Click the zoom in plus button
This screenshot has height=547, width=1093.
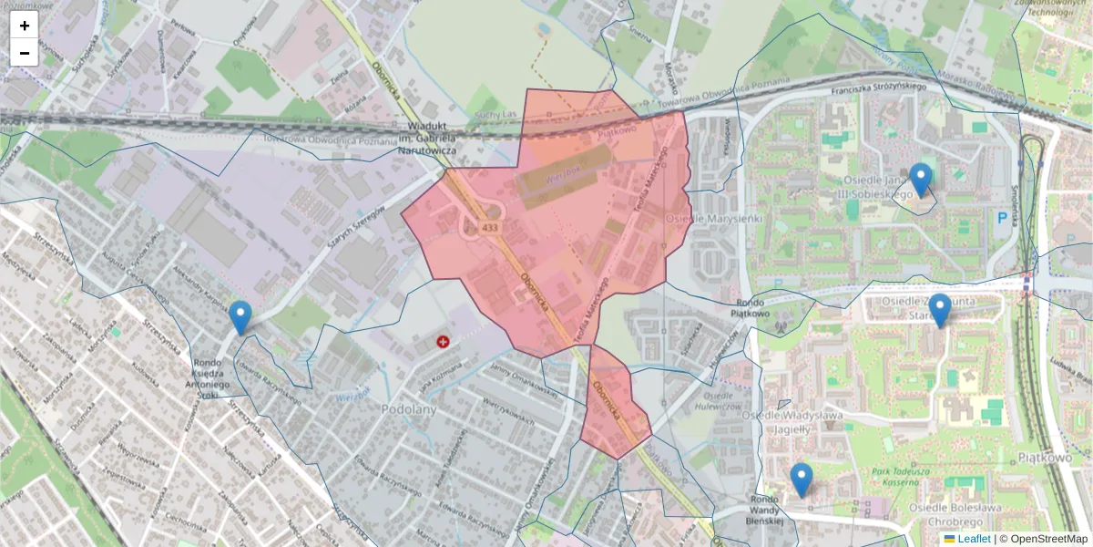[25, 26]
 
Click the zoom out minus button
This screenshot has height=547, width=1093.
[25, 53]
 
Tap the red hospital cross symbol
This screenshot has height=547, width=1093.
[444, 342]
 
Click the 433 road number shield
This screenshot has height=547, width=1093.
[491, 227]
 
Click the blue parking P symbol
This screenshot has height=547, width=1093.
[1003, 218]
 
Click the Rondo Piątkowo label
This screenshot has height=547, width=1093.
[752, 308]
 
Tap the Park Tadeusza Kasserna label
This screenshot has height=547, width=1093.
[912, 478]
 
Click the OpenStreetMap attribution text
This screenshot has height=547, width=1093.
[1047, 539]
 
